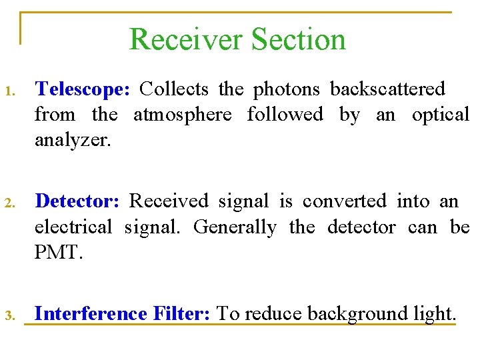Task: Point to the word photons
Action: coord(287,89)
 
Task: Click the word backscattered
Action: coord(388,89)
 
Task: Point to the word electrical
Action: coord(73,227)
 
